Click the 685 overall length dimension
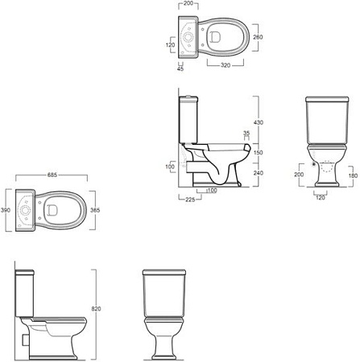[x=52, y=175]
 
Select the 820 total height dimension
[x=96, y=309]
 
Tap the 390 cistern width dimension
[x=6, y=210]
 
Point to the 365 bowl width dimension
[x=95, y=210]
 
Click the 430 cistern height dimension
[x=259, y=122]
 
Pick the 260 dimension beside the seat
[x=258, y=37]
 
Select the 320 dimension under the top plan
[x=226, y=65]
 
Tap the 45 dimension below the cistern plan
[x=180, y=69]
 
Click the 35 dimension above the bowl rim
[x=246, y=133]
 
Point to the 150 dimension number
[x=259, y=153]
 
